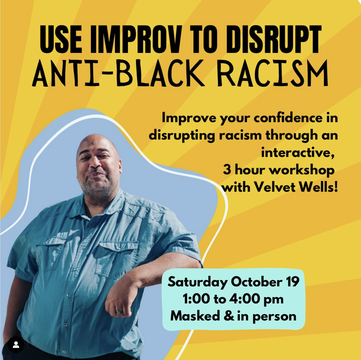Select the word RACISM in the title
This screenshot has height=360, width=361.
click(273, 73)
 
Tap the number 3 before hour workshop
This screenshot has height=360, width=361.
click(227, 170)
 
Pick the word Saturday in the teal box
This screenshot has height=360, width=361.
click(198, 282)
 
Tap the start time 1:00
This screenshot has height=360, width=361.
click(196, 299)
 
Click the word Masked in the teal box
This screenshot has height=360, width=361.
click(195, 316)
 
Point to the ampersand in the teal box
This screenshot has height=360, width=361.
click(229, 316)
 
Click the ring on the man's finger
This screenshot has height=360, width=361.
click(119, 312)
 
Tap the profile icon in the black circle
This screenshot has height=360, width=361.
click(16, 345)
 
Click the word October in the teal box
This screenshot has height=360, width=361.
click(257, 281)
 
